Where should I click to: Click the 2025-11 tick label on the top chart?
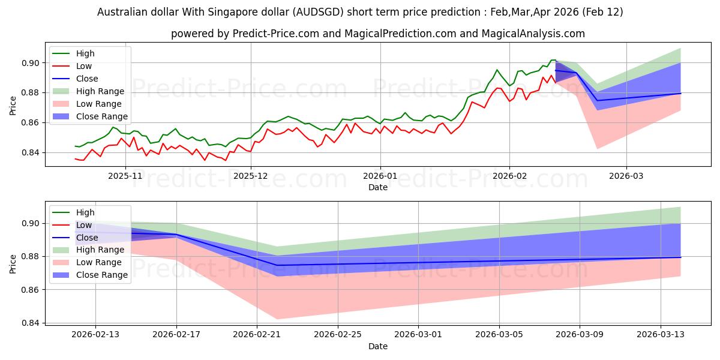tap(125, 176)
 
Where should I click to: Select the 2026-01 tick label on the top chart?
tap(380, 176)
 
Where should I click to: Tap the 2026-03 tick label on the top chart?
tap(626, 176)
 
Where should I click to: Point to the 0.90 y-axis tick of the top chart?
tap(31, 63)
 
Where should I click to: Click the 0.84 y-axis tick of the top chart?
tap(31, 152)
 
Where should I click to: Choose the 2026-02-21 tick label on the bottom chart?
tap(257, 335)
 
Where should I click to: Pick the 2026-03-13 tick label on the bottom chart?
tap(661, 335)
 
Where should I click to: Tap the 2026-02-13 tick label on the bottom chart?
tap(95, 335)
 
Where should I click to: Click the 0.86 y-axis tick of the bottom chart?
tap(31, 290)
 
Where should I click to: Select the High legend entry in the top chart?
tap(85, 53)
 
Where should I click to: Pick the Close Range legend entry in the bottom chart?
tap(102, 275)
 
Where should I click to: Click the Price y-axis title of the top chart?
tap(13, 106)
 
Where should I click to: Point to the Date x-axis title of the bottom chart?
tap(378, 346)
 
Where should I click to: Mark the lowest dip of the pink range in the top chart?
tap(597, 148)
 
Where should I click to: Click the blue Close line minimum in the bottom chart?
tap(277, 265)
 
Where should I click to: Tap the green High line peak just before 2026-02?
tap(497, 70)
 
